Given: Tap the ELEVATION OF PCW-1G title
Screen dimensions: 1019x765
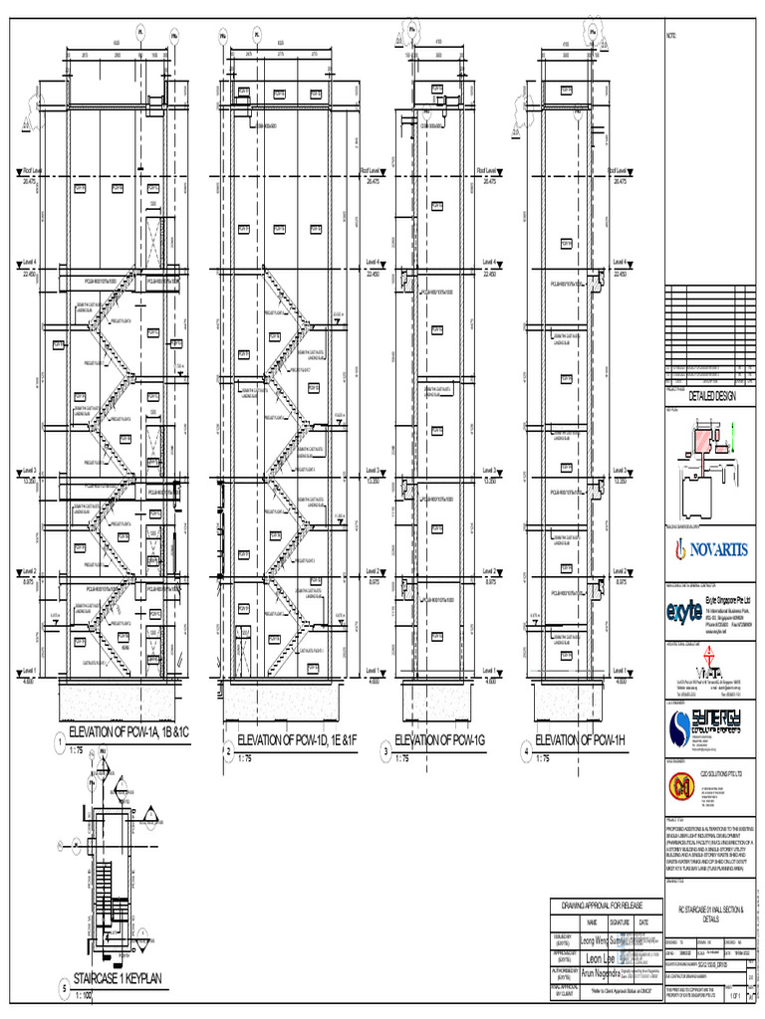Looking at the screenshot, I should (440, 739).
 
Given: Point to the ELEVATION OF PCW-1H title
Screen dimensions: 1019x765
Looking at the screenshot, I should (581, 739).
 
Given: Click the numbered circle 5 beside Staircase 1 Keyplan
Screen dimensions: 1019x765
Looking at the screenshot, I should (63, 988).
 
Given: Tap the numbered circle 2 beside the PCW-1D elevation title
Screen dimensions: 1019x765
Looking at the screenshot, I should (228, 750).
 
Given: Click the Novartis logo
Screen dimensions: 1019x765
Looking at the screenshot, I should (709, 549).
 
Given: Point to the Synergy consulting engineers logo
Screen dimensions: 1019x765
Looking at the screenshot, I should (708, 728).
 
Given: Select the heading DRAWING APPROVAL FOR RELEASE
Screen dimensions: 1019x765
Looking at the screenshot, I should (603, 904).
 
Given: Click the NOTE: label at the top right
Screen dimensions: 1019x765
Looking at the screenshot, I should (670, 37).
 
